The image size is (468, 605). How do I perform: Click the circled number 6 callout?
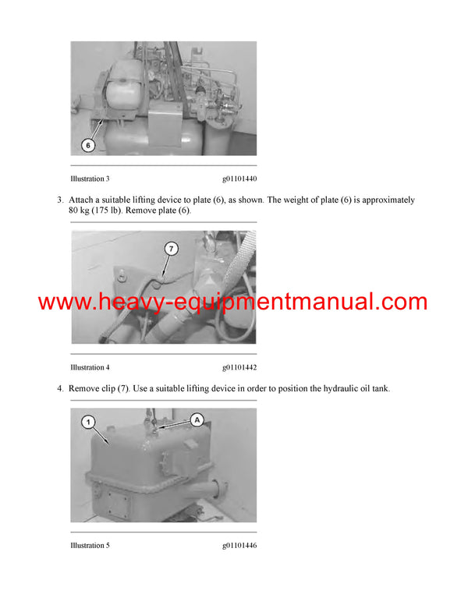point(88,144)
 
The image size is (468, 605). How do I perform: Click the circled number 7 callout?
point(172,249)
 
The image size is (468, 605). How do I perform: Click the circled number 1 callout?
point(89,422)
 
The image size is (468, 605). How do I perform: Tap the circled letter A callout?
point(197,419)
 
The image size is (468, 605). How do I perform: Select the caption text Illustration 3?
point(90,179)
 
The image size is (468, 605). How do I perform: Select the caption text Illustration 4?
point(90,366)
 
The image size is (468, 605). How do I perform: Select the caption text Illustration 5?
point(90,546)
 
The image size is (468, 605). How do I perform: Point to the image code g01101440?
point(239,179)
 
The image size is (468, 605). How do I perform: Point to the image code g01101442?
point(239,366)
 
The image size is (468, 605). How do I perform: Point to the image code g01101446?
point(239,546)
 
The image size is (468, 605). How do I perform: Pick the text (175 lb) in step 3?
point(112,211)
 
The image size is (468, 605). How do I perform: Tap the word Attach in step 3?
point(82,200)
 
